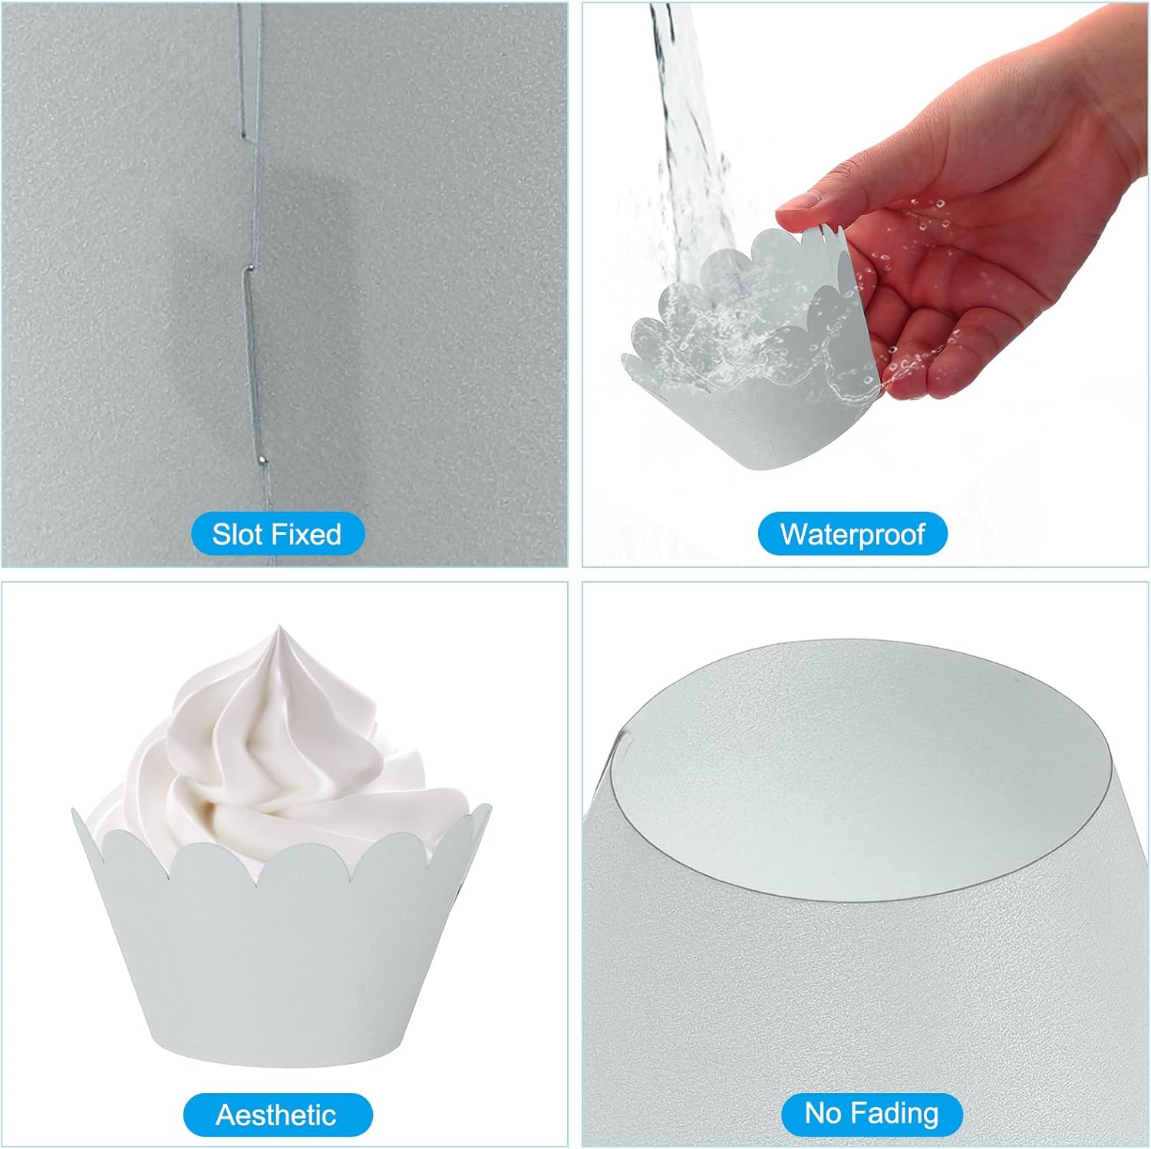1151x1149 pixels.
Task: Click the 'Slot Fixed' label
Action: [x=277, y=533]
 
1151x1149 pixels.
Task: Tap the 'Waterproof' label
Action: [x=853, y=533]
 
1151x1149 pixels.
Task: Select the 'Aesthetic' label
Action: [x=277, y=1114]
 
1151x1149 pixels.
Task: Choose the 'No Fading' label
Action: [x=872, y=1114]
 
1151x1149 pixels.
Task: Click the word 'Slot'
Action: [x=238, y=533]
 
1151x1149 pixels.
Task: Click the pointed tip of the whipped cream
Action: [x=278, y=627]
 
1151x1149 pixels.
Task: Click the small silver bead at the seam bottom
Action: [x=263, y=461]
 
